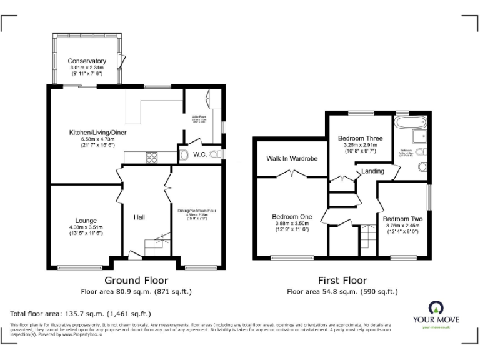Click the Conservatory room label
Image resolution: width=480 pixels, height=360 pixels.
click(87, 61)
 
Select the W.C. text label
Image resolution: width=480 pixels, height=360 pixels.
click(200, 154)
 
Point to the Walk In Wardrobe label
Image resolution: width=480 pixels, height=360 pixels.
click(292, 159)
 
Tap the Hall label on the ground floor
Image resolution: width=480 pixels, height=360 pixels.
click(139, 217)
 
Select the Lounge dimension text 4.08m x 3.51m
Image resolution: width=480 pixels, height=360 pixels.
click(86, 227)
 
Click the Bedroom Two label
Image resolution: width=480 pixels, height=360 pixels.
click(403, 219)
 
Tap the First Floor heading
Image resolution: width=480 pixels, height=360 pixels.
click(342, 281)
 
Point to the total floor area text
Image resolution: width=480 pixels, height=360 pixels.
click(81, 314)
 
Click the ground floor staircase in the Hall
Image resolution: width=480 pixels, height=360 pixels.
click(156, 244)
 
